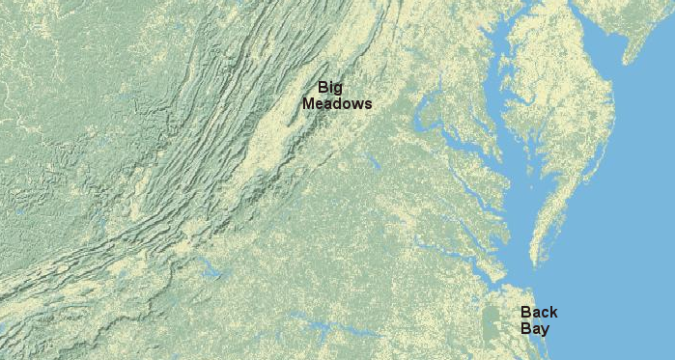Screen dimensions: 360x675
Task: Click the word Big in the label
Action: point(330,88)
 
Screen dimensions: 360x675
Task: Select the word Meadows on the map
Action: point(337,103)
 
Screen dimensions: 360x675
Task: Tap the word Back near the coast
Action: point(539,313)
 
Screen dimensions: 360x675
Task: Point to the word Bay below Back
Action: point(534,328)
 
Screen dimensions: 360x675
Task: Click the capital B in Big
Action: point(323,87)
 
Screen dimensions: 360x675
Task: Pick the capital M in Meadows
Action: point(309,103)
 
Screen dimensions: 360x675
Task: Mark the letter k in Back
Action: point(552,313)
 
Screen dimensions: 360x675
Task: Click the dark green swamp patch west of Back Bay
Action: point(492,319)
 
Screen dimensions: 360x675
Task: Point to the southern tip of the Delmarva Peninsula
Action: point(535,262)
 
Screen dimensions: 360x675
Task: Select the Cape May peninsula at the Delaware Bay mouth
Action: point(630,53)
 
